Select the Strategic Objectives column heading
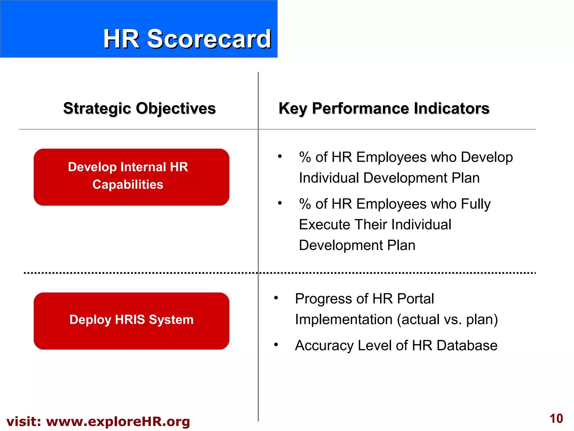139,108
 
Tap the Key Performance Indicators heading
384,108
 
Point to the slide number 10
556,419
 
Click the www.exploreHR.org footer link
118,421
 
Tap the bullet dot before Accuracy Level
276,344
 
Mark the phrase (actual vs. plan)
447,320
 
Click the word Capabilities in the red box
128,185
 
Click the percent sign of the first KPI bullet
305,157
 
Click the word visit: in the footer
24,421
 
